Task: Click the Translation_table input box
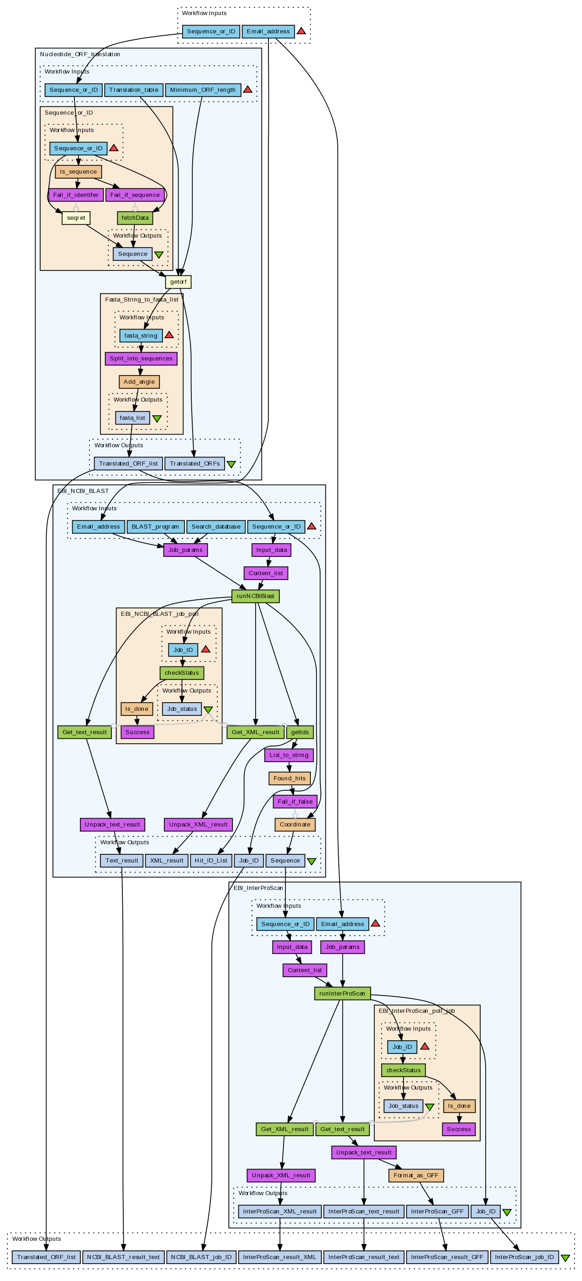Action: click(134, 90)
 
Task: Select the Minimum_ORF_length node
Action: click(203, 90)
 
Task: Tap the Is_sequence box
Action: click(78, 172)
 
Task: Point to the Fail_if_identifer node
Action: click(75, 195)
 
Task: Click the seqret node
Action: click(76, 218)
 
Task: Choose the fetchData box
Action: click(135, 218)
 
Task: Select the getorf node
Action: click(178, 282)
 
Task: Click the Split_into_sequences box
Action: click(141, 359)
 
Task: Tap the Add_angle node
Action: click(139, 382)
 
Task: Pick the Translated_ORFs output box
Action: click(194, 463)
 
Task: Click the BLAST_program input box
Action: click(155, 527)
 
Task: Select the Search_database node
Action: click(216, 527)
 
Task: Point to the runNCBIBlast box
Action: click(255, 596)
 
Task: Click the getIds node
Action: click(300, 732)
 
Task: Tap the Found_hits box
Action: click(289, 778)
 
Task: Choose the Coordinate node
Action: click(295, 825)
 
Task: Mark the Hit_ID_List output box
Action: click(211, 861)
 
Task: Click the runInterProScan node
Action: click(342, 994)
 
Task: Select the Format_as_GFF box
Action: click(416, 1175)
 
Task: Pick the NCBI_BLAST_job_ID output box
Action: click(201, 1257)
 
